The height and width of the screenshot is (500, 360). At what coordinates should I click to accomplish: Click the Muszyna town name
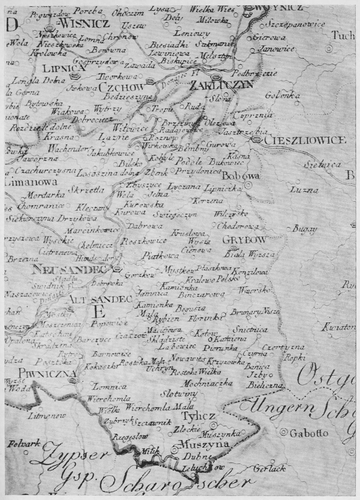click(x=203, y=445)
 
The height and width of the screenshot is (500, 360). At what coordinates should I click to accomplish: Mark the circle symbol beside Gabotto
click(x=285, y=432)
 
